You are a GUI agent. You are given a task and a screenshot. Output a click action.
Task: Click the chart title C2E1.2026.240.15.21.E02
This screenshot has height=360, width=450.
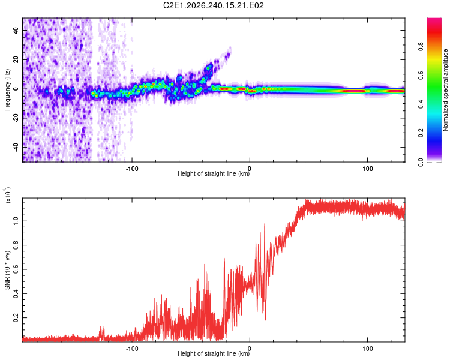pos(213,5)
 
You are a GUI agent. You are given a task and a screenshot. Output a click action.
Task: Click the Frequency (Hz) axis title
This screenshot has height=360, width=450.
pos(7,90)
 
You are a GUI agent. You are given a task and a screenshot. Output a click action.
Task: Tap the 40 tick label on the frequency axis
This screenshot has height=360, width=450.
pos(16,31)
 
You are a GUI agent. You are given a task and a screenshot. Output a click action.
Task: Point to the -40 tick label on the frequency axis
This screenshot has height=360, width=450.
pos(16,148)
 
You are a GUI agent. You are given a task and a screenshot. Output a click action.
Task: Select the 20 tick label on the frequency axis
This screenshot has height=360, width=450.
pos(16,60)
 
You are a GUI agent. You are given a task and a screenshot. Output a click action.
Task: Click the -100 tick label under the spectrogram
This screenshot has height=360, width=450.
pos(132,169)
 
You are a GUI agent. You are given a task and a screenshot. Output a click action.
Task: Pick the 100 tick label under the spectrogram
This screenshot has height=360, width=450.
pos(368,169)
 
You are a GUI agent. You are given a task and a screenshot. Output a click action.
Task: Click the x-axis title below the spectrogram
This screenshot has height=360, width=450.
pos(214,173)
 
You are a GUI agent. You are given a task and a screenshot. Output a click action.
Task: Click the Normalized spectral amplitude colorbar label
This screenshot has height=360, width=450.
pos(445,90)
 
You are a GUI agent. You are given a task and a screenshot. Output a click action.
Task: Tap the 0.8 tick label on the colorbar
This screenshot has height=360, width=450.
pos(421,47)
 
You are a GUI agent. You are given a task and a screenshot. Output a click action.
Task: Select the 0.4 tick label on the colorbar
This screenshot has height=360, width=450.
pos(421,104)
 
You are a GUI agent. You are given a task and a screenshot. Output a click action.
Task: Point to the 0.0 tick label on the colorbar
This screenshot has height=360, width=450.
pos(421,162)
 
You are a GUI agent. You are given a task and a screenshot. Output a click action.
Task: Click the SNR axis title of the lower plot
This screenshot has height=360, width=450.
pos(7,270)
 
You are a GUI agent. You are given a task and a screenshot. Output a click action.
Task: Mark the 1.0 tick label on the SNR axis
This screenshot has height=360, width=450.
pos(16,221)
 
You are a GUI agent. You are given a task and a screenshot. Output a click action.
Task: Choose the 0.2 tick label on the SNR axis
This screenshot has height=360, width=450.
pos(16,318)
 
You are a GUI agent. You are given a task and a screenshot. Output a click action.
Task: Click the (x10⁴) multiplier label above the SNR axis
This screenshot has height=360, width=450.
pos(8,195)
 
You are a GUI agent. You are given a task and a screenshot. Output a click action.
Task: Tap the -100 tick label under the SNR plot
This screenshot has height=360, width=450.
pos(132,349)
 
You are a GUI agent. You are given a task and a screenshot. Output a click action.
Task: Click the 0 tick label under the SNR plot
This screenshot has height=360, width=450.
pos(250,349)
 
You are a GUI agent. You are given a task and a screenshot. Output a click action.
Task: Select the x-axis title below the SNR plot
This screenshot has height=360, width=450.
pos(214,353)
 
